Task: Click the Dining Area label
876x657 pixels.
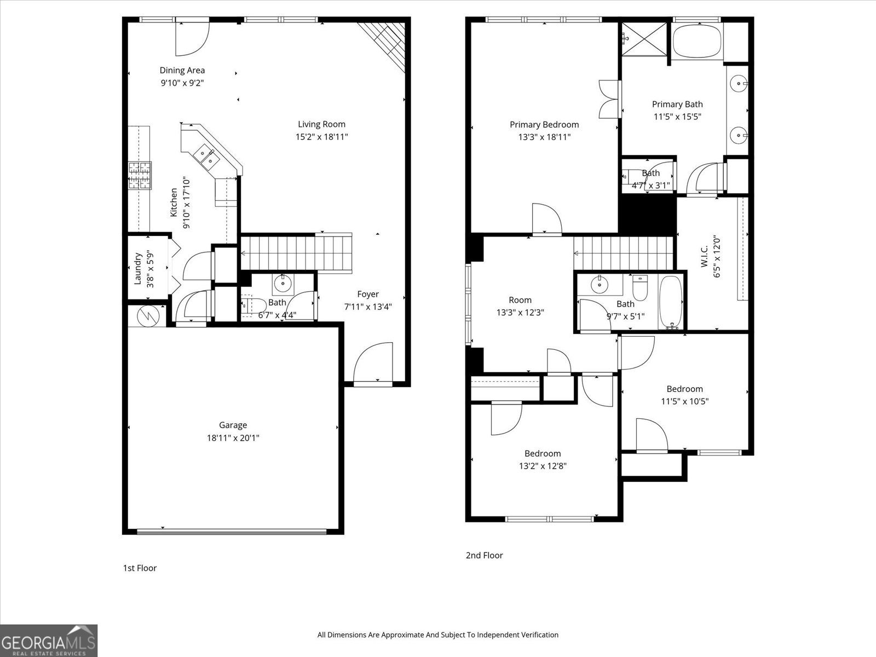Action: click(x=182, y=70)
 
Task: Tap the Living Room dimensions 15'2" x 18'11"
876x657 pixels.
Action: click(x=321, y=137)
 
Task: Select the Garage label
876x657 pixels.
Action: click(x=233, y=425)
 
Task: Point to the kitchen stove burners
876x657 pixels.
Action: click(x=140, y=176)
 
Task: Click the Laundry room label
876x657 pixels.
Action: click(x=139, y=268)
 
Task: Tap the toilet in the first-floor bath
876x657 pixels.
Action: click(x=253, y=305)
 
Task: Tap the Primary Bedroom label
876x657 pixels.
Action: click(x=544, y=124)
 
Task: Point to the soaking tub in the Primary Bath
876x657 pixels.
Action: click(x=697, y=42)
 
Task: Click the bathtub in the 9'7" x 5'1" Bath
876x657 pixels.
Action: click(x=670, y=301)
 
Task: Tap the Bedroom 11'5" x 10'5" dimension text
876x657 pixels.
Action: click(x=684, y=401)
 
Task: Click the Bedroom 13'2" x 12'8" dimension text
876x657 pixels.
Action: click(x=543, y=466)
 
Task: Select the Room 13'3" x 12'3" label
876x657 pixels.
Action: click(x=520, y=300)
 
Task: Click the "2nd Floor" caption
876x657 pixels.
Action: click(x=484, y=555)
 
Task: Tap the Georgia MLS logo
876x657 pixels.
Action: click(x=49, y=640)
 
